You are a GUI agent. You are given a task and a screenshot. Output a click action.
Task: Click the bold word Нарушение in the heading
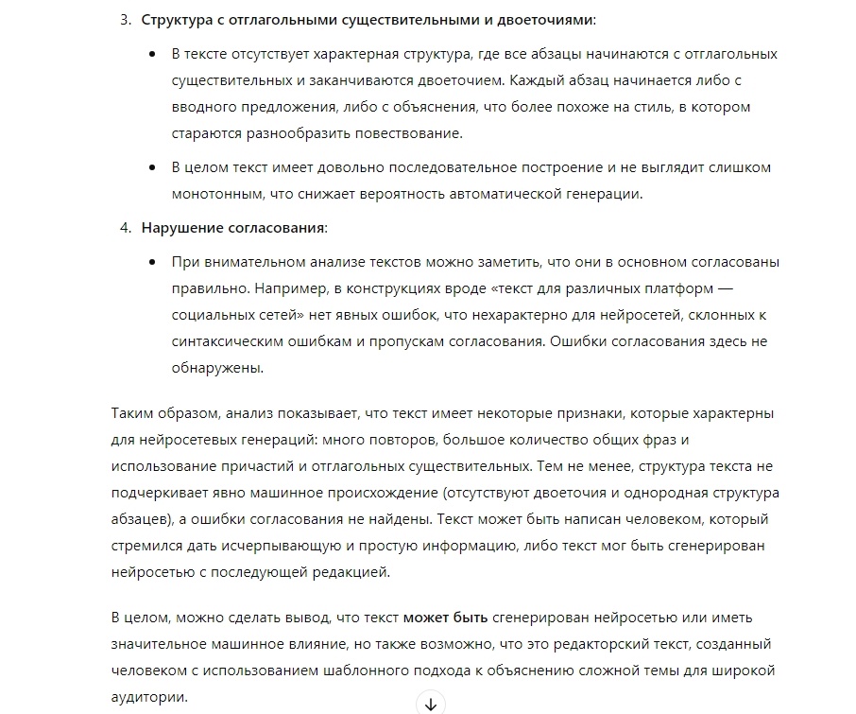(182, 228)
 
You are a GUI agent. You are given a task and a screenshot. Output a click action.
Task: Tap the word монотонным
(220, 194)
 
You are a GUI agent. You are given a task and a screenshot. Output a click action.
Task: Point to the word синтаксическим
(230, 341)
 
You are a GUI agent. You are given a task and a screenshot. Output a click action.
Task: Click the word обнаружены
(216, 368)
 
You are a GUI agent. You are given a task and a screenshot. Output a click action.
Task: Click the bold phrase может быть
(445, 618)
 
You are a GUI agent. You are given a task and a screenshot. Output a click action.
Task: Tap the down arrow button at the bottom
(430, 704)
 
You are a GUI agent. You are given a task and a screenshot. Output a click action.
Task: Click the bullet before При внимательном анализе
(153, 262)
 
